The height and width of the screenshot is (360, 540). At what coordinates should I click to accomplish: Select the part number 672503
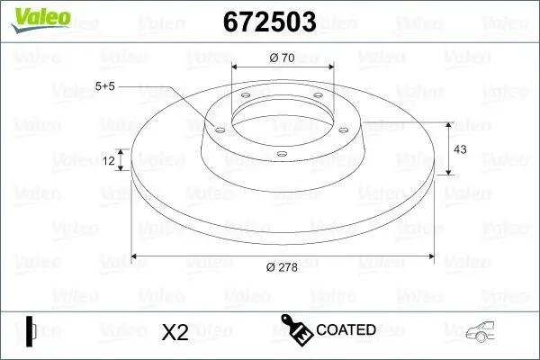click(270, 21)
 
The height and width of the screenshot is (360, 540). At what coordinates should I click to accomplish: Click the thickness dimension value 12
click(109, 160)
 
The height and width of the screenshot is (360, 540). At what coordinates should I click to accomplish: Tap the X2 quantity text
click(174, 332)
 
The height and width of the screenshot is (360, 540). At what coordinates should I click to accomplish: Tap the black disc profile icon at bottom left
click(31, 331)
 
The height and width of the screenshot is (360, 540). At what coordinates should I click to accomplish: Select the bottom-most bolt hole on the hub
click(280, 154)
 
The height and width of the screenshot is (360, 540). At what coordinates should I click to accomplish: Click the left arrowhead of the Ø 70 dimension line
click(237, 67)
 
